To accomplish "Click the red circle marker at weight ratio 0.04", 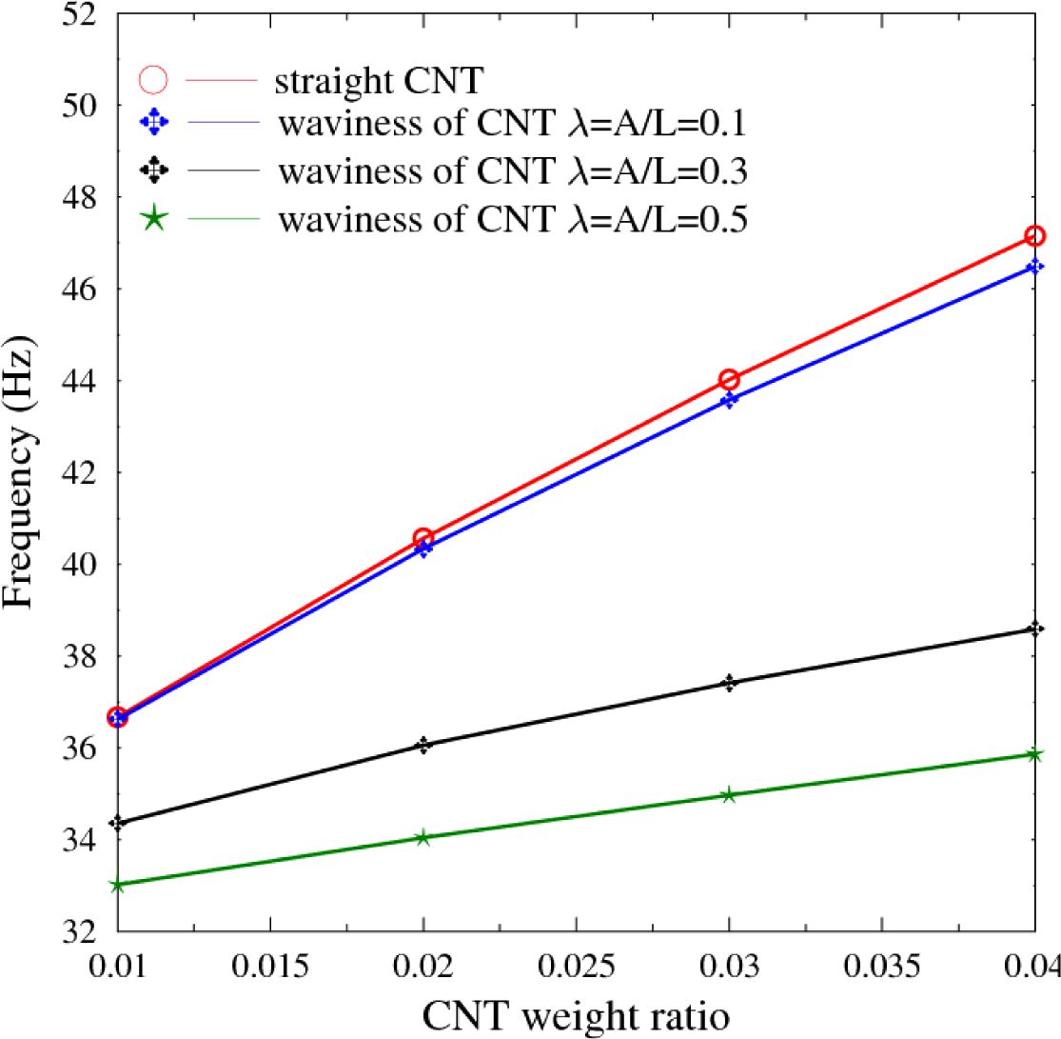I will [1035, 235].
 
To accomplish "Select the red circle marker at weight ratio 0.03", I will [729, 380].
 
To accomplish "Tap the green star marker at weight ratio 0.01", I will [118, 885].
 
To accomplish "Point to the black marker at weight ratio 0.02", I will [423, 745].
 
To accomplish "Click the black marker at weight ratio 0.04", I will [1035, 629].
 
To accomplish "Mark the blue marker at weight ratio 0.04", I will [1035, 267].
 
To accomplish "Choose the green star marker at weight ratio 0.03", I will [729, 794].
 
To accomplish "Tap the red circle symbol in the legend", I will [154, 80].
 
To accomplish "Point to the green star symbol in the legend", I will [154, 220].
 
